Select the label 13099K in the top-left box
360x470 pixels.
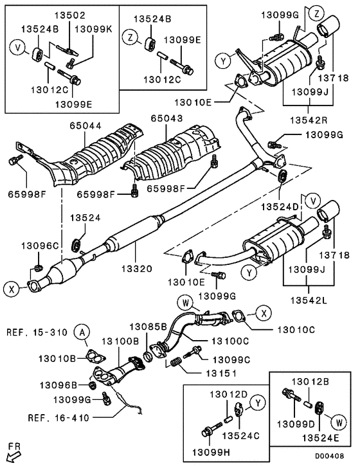93,30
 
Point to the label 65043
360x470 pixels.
167,120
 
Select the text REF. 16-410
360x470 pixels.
60,417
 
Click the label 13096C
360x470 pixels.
40,246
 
